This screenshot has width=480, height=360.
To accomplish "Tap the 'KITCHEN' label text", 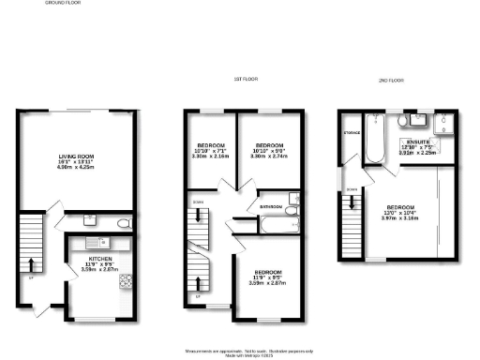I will coord(100,257).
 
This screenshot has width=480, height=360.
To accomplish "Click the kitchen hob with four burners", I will coord(124,280).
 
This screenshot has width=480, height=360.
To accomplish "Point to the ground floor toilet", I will coord(126,223).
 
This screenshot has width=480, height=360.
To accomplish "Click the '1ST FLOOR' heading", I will coord(246,81).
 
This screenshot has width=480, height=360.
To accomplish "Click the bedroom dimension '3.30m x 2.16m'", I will coord(208,157).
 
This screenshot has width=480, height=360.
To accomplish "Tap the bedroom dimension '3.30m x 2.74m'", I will coord(270,157).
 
